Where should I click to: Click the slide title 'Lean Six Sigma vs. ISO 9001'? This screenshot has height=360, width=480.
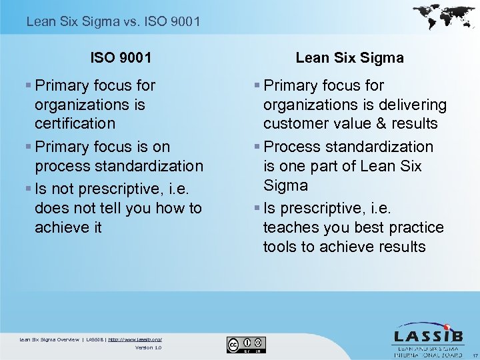click(x=113, y=22)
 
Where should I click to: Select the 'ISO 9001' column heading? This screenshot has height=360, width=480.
click(x=121, y=58)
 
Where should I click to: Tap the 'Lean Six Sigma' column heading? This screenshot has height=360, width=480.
click(x=349, y=58)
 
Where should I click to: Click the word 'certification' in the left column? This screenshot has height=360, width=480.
click(x=75, y=124)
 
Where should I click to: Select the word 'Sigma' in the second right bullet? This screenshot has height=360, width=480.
click(x=285, y=185)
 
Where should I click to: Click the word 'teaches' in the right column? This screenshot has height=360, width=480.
click(x=291, y=227)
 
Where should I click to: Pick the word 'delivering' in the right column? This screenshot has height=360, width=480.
click(x=414, y=105)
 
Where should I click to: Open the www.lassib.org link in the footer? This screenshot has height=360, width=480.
click(x=135, y=339)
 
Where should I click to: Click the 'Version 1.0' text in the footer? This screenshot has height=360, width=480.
click(x=148, y=347)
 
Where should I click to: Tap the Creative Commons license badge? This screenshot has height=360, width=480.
click(x=246, y=344)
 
